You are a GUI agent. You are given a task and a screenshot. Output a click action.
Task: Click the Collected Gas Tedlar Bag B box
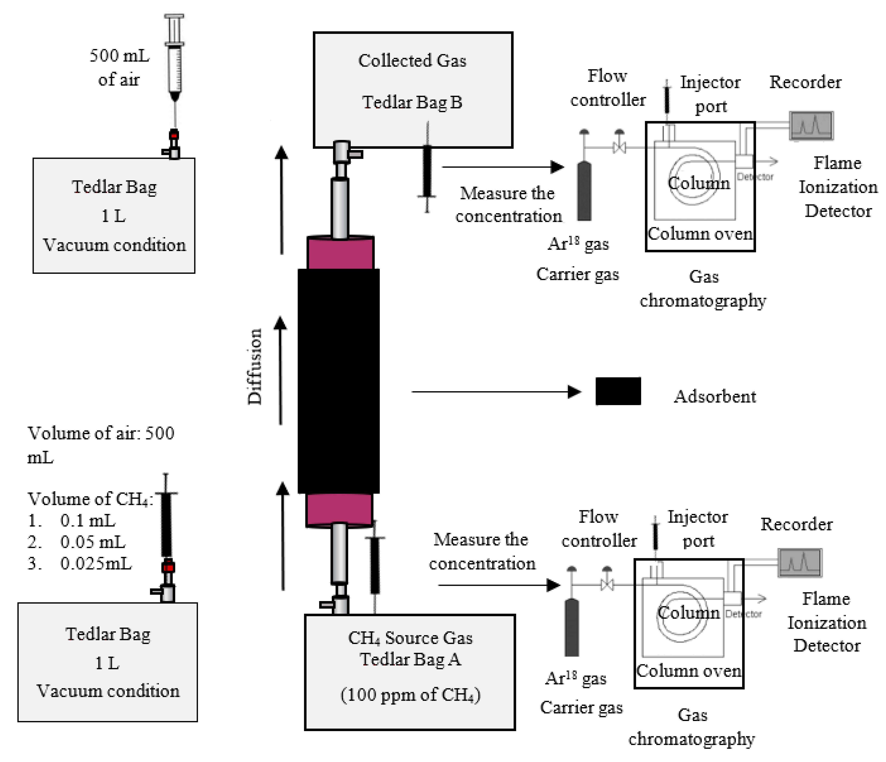click(x=413, y=90)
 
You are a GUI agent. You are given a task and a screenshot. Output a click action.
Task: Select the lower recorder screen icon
click(x=799, y=562)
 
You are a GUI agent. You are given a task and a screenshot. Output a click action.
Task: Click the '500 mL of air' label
click(x=119, y=68)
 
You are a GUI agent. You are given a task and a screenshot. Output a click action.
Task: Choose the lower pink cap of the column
click(x=339, y=510)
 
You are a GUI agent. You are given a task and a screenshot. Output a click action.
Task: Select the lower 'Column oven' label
click(x=689, y=671)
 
